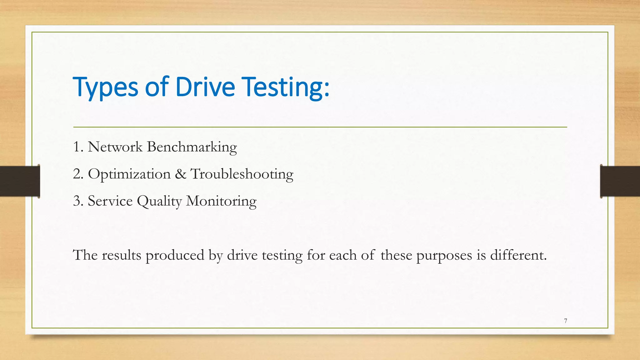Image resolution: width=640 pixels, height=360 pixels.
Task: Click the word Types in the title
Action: pos(105,87)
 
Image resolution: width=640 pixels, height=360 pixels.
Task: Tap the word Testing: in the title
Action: pos(286,87)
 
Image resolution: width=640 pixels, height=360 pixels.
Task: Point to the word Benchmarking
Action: pos(192,147)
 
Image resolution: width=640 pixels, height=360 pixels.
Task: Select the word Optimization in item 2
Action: pos(129,174)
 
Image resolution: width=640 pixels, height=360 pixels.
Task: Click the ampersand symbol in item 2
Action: pos(181,174)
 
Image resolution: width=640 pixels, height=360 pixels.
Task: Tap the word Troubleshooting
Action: pos(242,174)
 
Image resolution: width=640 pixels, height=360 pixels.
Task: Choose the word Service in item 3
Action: pos(110,201)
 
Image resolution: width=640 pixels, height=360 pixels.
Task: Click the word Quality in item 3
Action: pos(159,201)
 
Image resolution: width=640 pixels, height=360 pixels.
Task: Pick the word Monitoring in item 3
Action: pos(221,201)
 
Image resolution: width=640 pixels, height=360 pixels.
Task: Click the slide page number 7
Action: pos(566,321)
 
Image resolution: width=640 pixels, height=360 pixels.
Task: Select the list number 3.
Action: pos(77,201)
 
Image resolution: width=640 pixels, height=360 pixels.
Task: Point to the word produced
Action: pos(175,256)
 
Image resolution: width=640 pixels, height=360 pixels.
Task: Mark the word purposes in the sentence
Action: pos(444,256)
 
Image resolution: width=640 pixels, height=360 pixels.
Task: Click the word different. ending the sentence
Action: pos(518,255)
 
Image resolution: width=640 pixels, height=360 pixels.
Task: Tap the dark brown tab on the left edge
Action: pos(20,181)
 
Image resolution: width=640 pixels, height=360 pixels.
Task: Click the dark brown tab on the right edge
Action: pos(620,181)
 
